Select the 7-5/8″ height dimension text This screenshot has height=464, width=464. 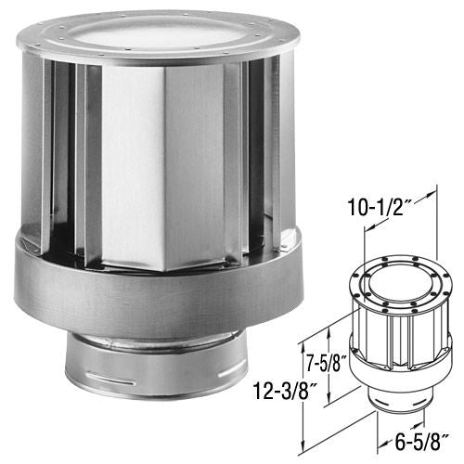coord(328,362)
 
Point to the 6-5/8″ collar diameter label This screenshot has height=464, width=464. coord(422,443)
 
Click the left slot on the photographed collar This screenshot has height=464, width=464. coord(110,379)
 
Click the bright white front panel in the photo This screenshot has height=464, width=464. coord(134,164)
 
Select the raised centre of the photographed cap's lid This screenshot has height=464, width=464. coord(158,34)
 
